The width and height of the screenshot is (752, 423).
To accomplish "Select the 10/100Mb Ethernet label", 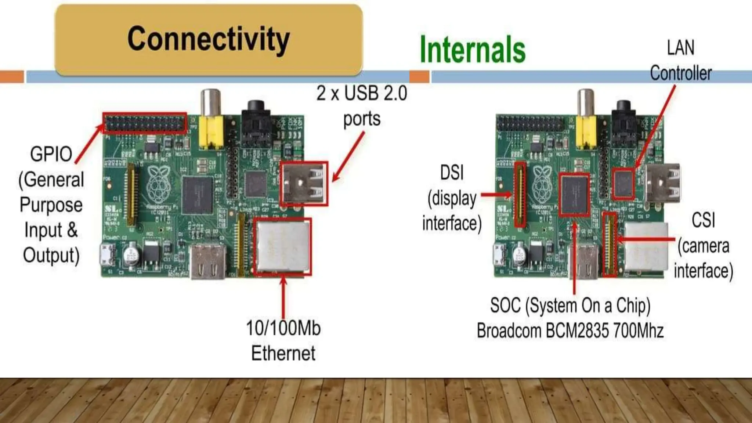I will click(283, 340).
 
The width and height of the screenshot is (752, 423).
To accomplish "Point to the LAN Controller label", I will click(680, 61).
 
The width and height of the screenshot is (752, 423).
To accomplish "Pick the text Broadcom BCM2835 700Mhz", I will click(570, 330).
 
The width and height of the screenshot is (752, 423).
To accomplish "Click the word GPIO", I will click(51, 154).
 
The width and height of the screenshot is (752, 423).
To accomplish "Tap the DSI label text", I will click(452, 173).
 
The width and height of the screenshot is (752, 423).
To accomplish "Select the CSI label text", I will click(703, 220).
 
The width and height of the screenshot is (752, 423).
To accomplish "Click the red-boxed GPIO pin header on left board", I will click(145, 123).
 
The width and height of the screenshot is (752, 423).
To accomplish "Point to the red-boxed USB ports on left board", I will click(304, 184).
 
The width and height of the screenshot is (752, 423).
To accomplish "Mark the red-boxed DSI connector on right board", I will click(520, 195).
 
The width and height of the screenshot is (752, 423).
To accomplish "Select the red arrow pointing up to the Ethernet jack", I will click(283, 297).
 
